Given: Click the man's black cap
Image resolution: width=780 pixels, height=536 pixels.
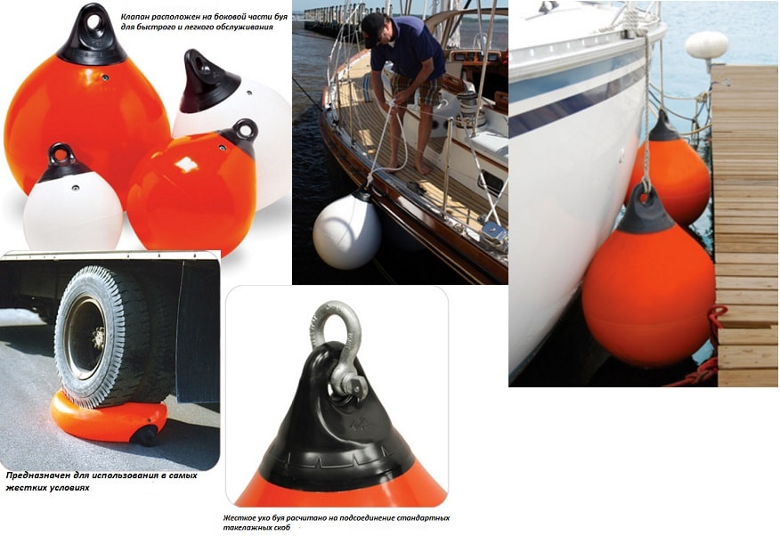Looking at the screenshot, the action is pyautogui.click(x=373, y=28).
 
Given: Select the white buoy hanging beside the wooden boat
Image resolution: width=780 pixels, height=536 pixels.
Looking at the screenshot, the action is pyautogui.click(x=346, y=231).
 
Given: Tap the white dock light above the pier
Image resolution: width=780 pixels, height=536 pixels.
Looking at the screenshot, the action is pyautogui.click(x=706, y=45).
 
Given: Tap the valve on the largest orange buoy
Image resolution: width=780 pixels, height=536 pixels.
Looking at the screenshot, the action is pyautogui.click(x=105, y=77).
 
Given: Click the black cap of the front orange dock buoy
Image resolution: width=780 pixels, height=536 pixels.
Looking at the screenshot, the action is pyautogui.click(x=646, y=210).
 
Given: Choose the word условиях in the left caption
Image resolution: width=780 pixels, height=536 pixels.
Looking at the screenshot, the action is pyautogui.click(x=70, y=488).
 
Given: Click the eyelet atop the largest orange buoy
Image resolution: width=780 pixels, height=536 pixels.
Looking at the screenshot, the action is pyautogui.click(x=93, y=21).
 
